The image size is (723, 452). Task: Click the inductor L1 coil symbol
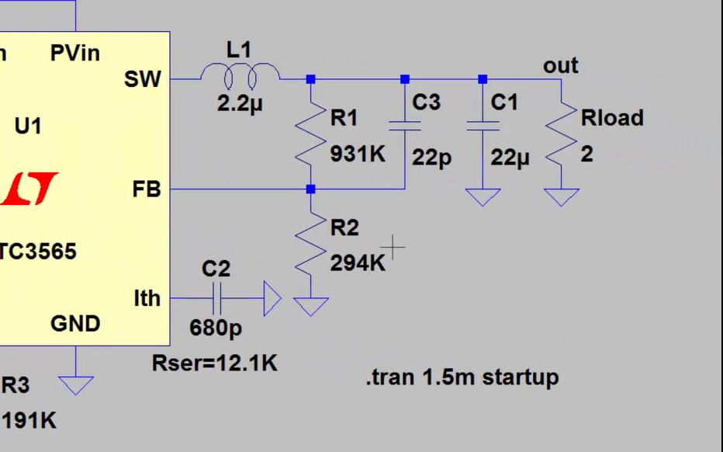pos(240,76)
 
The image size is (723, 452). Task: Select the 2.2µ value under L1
pos(240,103)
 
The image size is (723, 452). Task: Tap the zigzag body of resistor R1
pos(310,134)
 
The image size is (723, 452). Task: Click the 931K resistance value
pos(358,154)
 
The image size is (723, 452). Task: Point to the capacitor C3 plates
pos(405,126)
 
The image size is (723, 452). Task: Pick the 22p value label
pos(431,158)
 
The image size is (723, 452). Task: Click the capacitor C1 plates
pos(483,126)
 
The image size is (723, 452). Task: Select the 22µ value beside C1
pos(510,158)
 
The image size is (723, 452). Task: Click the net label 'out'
pos(560,65)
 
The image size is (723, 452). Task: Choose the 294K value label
pos(358,263)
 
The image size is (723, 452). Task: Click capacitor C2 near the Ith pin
pos(216,298)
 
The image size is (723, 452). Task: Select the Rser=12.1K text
pos(214,363)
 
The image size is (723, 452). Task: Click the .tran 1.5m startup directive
pos(462,378)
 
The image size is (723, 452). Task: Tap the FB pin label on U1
pos(146,189)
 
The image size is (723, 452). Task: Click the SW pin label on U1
pos(142,78)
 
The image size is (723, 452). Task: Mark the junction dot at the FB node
pos(310,189)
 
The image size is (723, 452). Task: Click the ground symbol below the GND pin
pos(76,384)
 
